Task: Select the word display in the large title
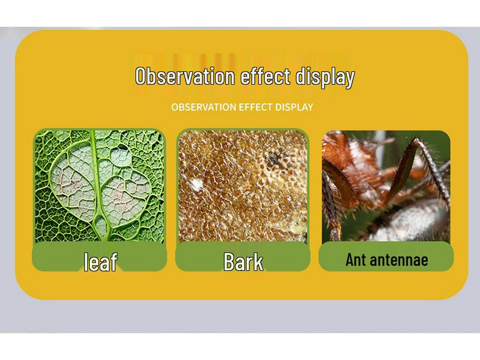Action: (324, 77)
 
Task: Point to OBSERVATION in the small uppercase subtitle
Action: (203, 107)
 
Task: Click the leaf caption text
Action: (100, 261)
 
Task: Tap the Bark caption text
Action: (243, 261)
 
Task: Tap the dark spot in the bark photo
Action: (273, 158)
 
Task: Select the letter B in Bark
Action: (229, 261)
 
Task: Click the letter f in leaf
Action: (113, 261)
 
